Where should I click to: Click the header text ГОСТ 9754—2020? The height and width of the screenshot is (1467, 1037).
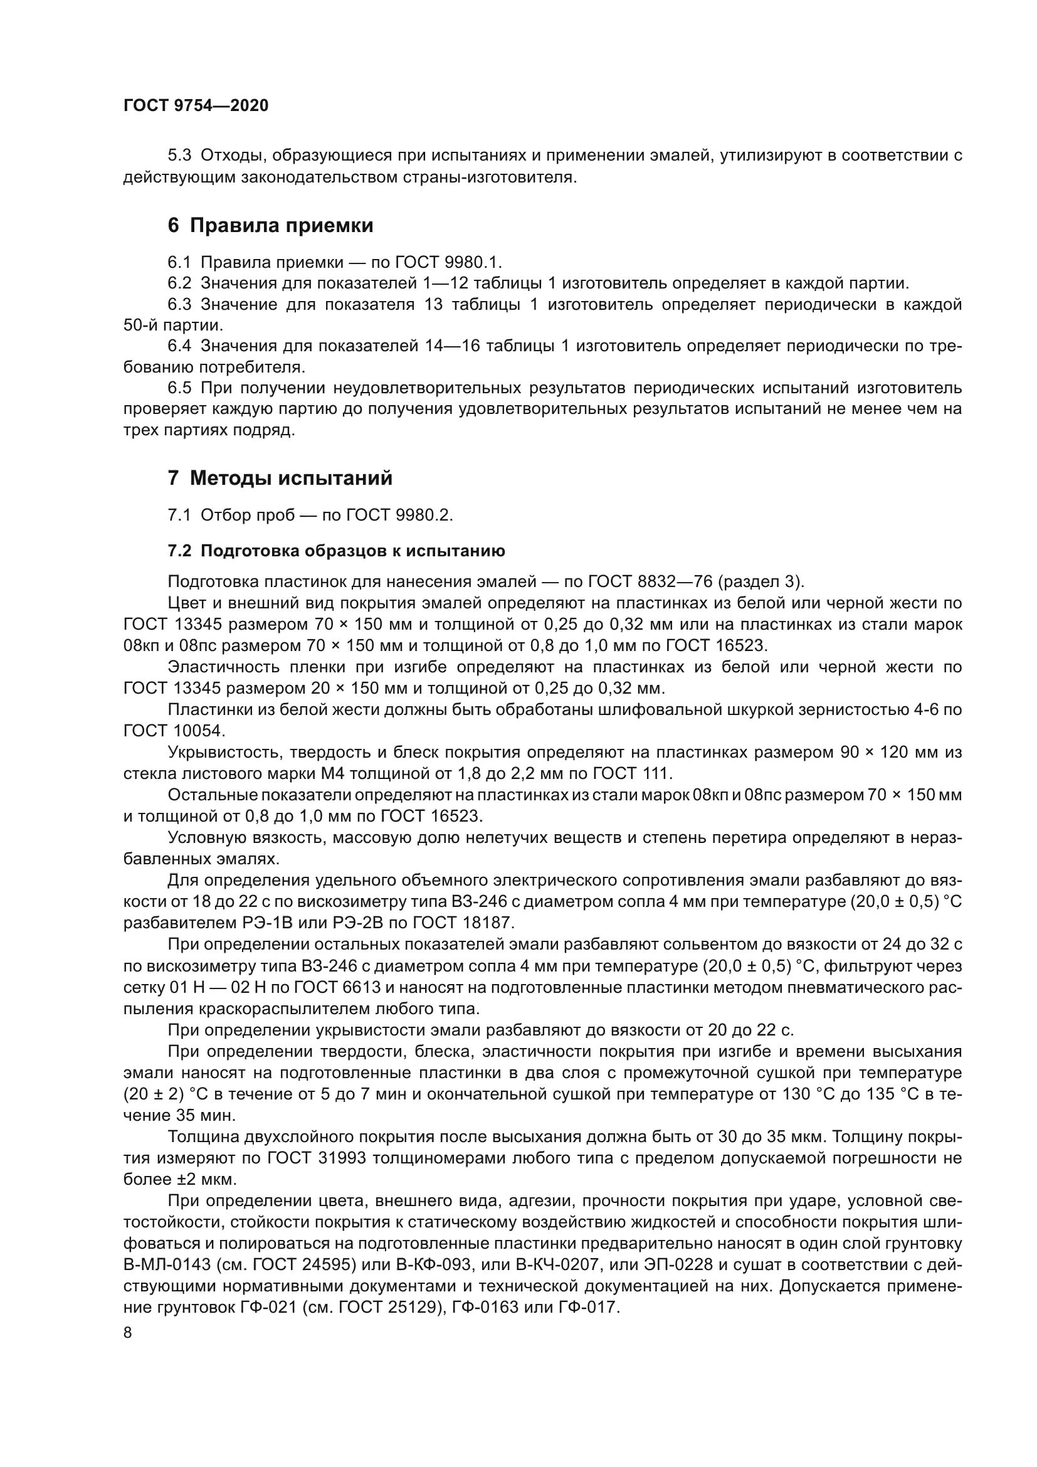196,105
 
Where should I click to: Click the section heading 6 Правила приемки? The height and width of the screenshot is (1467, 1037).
270,226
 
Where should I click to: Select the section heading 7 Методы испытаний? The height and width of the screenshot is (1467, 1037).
280,478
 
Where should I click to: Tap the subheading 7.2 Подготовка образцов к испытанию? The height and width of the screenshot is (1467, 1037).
337,551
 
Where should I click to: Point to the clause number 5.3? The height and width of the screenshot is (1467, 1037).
179,156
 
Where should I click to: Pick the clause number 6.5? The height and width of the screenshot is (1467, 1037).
179,388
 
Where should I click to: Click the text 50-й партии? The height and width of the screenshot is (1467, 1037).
173,326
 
